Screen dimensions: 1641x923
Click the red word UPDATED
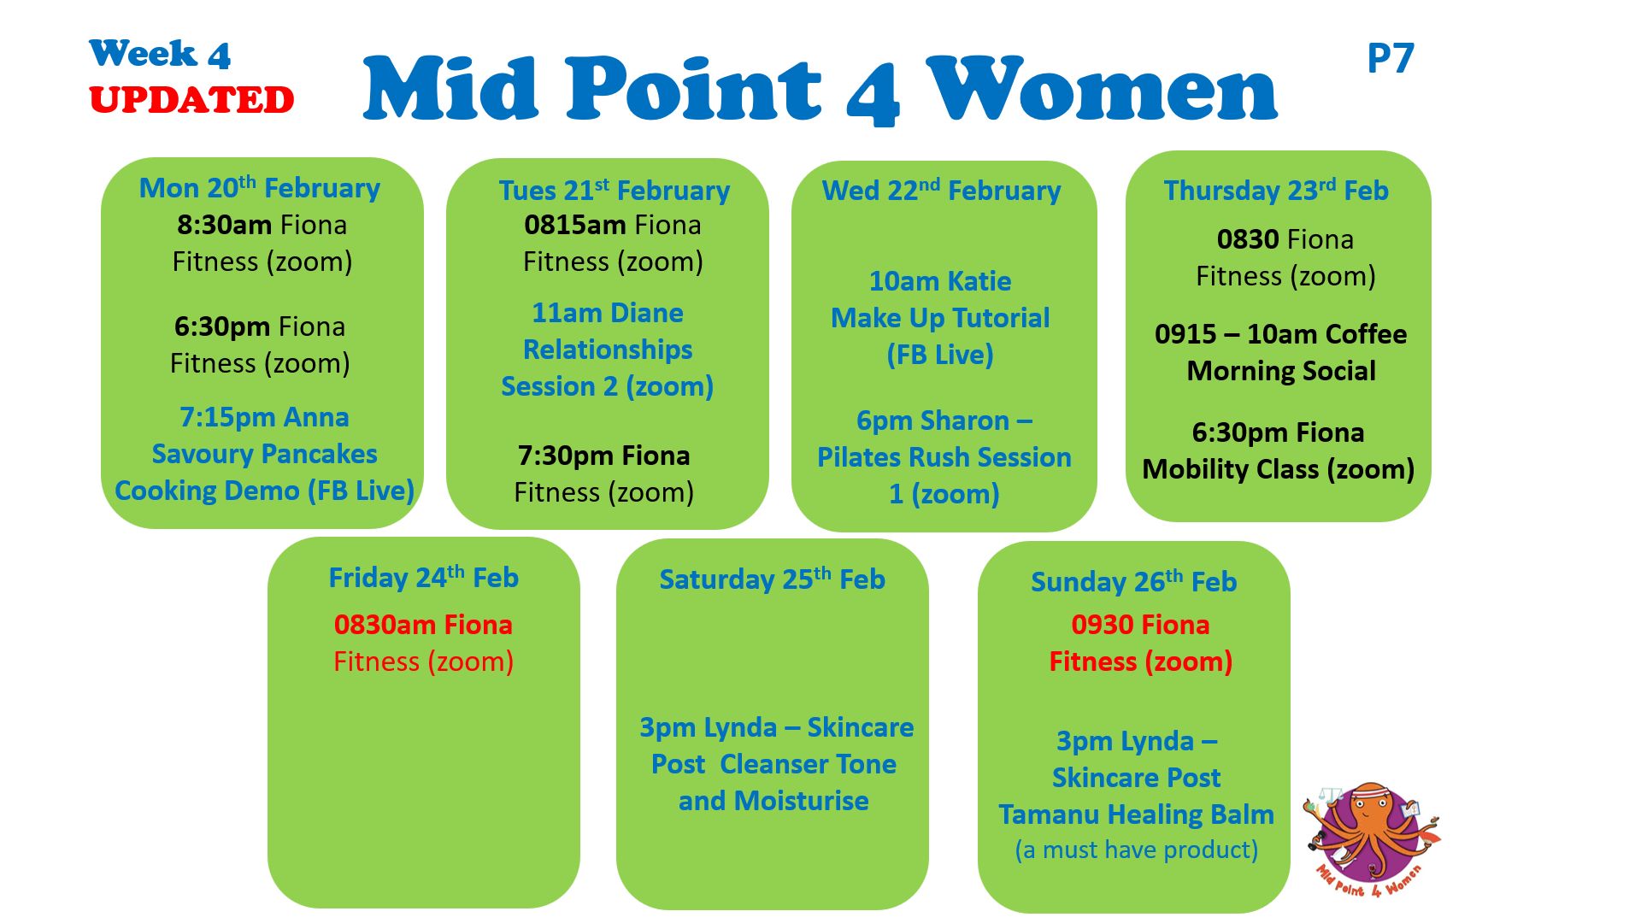pos(191,100)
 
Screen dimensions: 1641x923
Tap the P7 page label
pos(1391,58)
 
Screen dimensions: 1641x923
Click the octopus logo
pos(1371,840)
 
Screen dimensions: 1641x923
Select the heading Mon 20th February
pos(260,187)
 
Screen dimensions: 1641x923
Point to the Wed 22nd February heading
pos(941,190)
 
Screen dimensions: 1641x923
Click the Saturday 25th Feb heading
pos(772,579)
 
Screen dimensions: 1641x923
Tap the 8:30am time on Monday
pos(224,225)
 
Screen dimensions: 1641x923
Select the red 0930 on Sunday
pos(1103,625)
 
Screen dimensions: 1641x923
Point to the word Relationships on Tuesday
pos(608,350)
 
